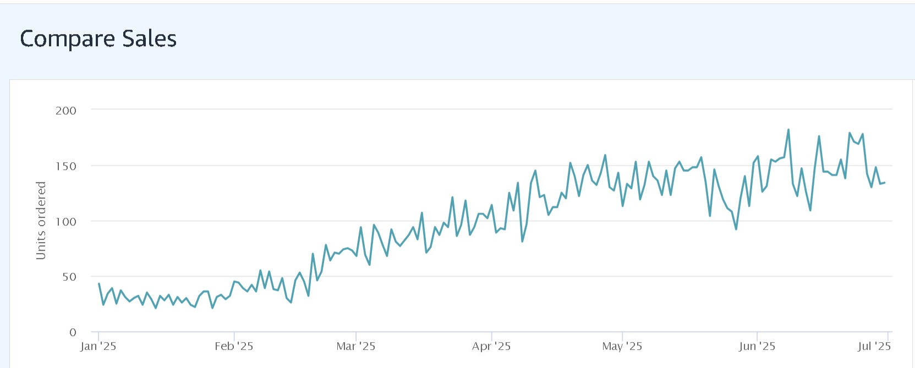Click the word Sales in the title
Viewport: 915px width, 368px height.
click(149, 39)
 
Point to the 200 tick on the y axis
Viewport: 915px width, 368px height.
click(66, 111)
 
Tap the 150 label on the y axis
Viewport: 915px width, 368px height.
click(66, 166)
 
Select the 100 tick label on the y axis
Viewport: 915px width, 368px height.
click(66, 222)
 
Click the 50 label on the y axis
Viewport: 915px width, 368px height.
click(69, 277)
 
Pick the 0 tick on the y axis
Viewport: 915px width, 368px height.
click(73, 332)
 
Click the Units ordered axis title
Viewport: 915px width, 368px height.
click(41, 221)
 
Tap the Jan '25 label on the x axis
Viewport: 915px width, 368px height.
click(98, 347)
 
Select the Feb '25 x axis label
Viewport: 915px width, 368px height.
click(234, 347)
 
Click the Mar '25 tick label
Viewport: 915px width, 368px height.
click(356, 347)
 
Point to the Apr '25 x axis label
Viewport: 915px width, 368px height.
click(491, 347)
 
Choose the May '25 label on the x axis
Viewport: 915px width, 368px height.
click(622, 347)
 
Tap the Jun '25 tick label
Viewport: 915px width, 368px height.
click(757, 347)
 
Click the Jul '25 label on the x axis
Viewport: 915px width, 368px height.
click(874, 347)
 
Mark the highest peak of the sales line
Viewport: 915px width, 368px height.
click(788, 130)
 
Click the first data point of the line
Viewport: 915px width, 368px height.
click(99, 284)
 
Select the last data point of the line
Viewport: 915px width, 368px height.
click(884, 183)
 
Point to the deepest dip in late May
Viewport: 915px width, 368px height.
click(736, 229)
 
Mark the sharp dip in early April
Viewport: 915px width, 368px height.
click(522, 241)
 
